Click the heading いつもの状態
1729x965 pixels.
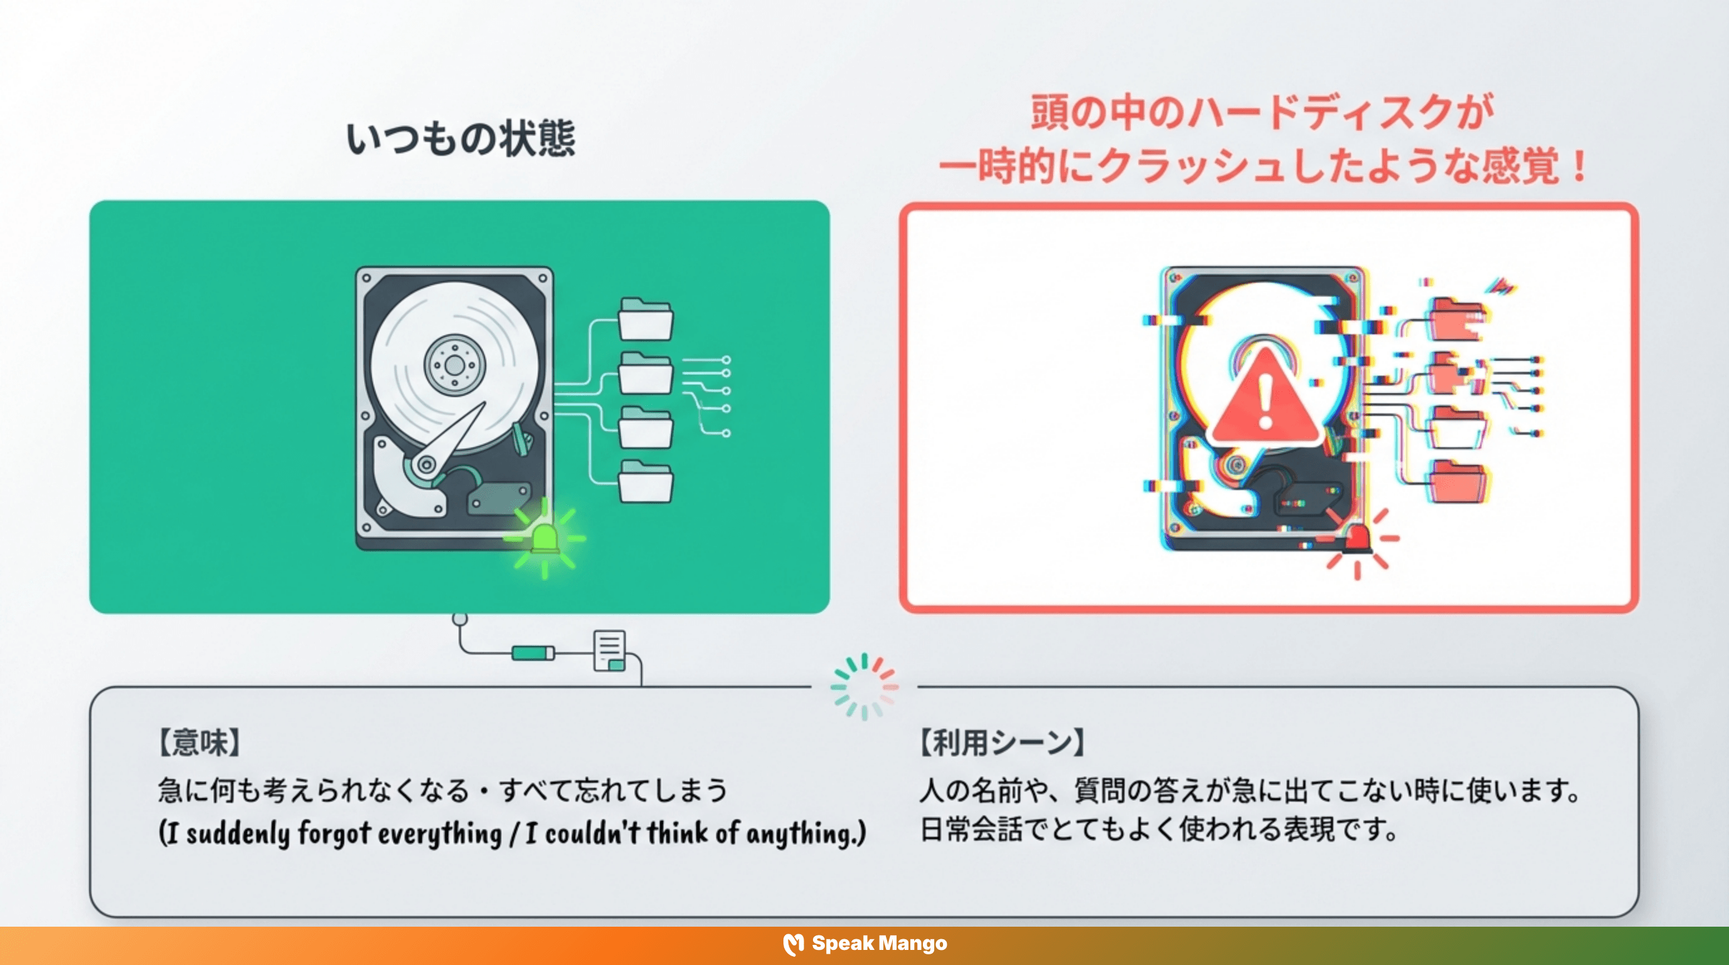[461, 139]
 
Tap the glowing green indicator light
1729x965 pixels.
[544, 539]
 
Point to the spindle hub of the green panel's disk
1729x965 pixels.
[454, 365]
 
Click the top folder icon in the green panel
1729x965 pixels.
[645, 319]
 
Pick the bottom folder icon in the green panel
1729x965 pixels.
[645, 481]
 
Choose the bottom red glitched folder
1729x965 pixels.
[1458, 481]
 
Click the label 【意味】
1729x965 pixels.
[199, 743]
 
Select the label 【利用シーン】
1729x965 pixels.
[1002, 743]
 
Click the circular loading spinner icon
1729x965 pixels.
[864, 687]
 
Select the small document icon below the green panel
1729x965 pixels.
[609, 651]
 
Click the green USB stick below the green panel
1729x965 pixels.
[533, 653]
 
